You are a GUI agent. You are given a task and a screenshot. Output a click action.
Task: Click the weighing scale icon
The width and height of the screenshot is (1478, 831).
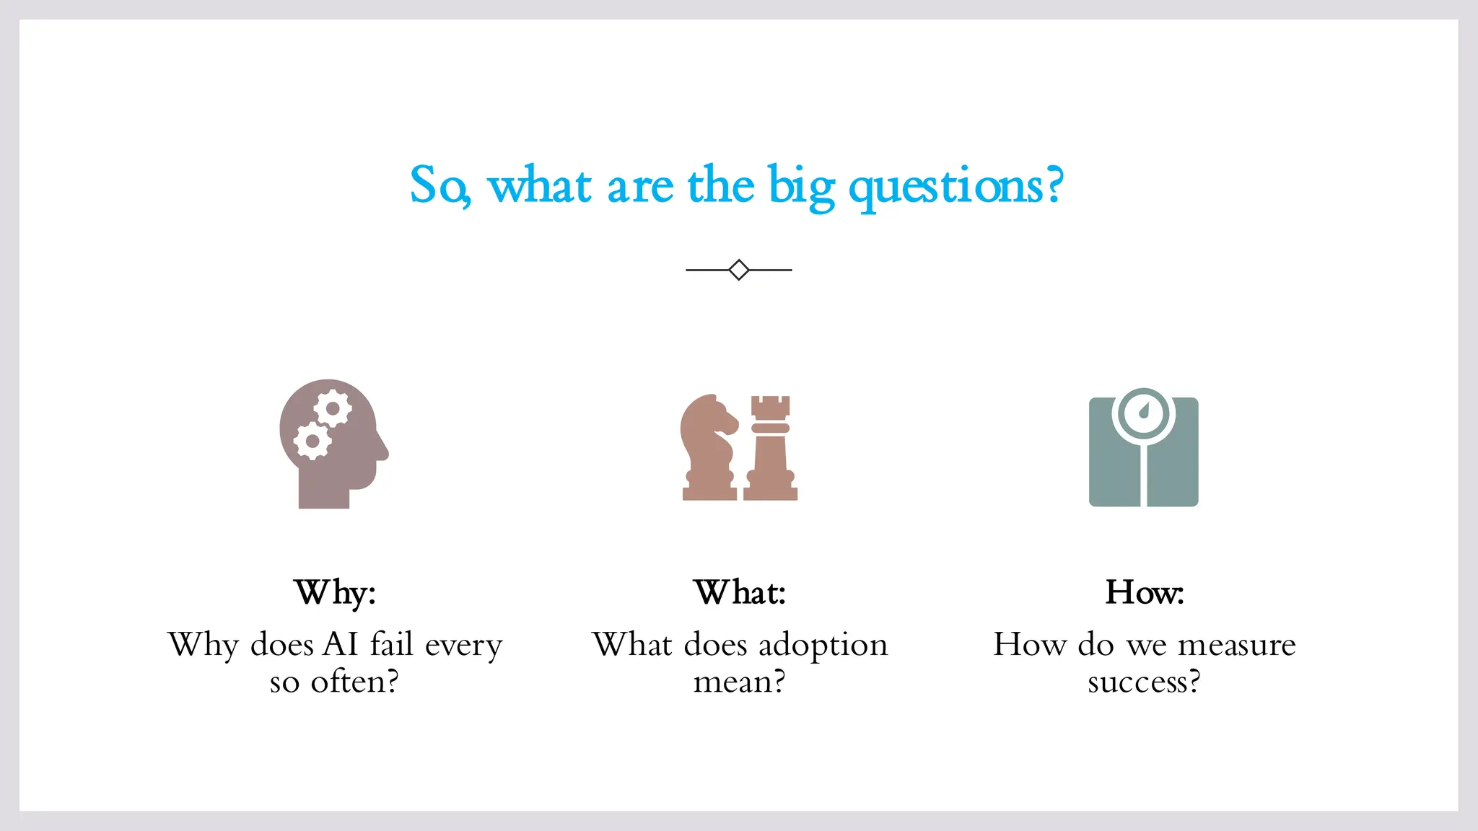point(1143,451)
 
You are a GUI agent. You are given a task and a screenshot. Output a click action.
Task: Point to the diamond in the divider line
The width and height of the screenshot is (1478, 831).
point(738,270)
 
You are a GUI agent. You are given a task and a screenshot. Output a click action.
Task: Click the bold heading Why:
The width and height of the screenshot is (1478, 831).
point(335,593)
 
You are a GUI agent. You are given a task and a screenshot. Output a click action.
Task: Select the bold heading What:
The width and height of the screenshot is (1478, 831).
point(740,593)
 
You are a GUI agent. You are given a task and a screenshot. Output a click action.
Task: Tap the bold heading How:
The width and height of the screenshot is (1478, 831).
point(1144,593)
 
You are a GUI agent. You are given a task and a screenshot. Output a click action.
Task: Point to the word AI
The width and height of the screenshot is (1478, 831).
point(341,644)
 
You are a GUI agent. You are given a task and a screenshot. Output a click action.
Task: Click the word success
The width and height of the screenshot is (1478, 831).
point(1143,682)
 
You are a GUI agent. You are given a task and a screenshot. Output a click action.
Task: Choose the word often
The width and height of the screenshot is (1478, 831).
point(354,682)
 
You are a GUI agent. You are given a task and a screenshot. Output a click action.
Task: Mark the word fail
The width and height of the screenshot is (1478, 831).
point(391,644)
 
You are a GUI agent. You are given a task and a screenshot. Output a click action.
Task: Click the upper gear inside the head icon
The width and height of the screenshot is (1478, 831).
point(333,409)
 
